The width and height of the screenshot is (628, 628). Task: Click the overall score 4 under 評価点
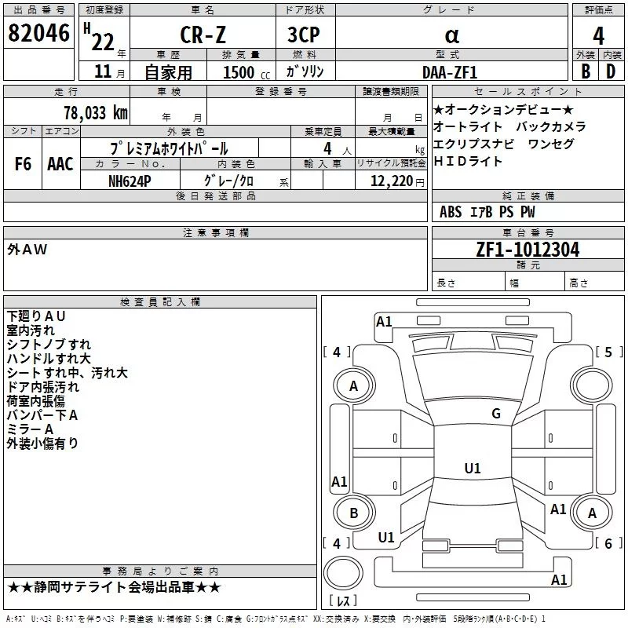[598, 36]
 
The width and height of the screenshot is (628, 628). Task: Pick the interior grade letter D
[610, 71]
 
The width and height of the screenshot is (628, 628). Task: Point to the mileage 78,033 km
[95, 113]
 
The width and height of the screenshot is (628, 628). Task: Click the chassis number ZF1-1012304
[528, 250]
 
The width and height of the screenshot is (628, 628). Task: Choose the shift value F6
[24, 164]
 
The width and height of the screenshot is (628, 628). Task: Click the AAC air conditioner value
[60, 164]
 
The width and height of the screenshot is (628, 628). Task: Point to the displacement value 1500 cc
[244, 72]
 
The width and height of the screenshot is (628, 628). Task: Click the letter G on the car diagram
[495, 414]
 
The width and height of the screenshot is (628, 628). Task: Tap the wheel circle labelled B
[354, 513]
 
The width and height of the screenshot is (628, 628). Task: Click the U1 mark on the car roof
[472, 469]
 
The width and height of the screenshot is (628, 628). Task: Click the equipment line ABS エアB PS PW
[487, 212]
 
